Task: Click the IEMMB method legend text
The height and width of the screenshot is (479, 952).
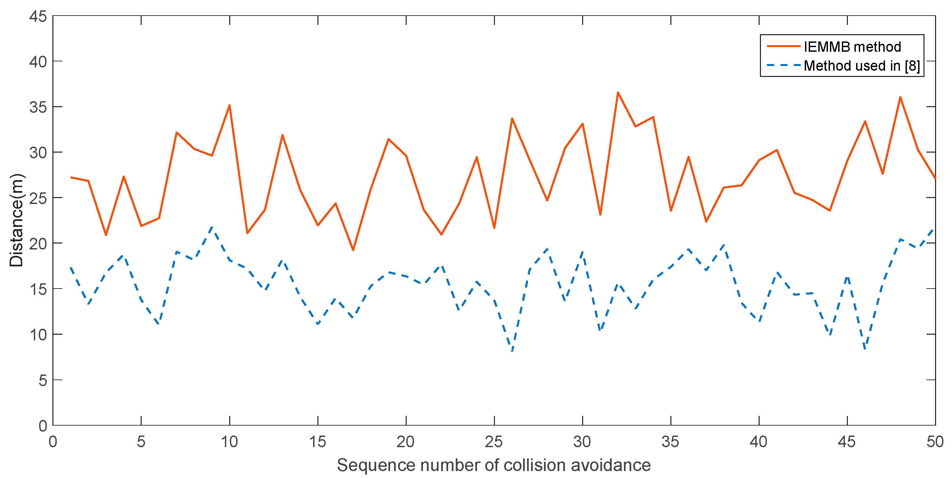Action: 852,47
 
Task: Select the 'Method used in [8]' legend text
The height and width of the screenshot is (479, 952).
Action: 861,66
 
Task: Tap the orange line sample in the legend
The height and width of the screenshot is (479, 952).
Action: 783,46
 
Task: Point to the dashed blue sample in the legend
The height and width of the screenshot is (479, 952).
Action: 783,65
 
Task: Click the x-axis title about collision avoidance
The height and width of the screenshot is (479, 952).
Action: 494,465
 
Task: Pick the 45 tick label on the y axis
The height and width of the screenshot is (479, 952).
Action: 38,17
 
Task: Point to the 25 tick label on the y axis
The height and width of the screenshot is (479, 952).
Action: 38,198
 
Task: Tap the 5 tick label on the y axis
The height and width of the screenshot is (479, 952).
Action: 42,380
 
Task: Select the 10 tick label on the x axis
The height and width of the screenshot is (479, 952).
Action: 229,442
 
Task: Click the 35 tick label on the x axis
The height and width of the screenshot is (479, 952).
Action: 670,442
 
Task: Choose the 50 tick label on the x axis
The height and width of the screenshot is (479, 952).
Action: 935,442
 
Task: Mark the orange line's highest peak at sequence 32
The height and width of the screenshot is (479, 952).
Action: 618,93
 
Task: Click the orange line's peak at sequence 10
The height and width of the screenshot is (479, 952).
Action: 230,105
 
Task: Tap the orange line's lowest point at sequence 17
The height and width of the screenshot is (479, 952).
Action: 353,250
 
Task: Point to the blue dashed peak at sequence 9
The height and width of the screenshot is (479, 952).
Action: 212,227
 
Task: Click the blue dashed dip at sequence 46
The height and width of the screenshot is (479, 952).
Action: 865,349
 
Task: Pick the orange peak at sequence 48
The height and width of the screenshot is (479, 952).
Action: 900,97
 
